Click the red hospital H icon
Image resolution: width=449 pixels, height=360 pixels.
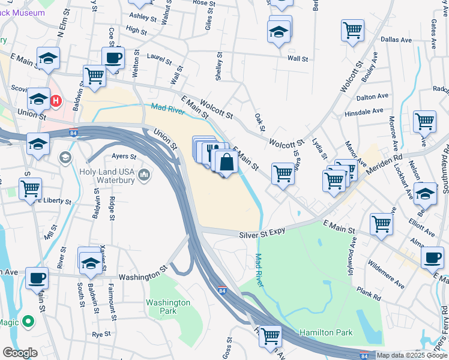click(56, 100)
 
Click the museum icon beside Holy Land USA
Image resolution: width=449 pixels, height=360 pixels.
click(144, 175)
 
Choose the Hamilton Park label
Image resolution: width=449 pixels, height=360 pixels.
click(327, 332)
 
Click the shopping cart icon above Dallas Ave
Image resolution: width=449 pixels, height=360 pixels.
click(352, 29)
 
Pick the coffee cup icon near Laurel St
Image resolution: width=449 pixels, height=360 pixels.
click(112, 58)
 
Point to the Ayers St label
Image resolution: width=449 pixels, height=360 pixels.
click(125, 157)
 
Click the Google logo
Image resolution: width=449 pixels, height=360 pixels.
click(20, 353)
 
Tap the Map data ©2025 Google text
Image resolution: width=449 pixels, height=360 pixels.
click(411, 355)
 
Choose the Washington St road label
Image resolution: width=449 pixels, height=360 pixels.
click(142, 277)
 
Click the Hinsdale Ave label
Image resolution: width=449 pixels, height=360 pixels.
click(364, 111)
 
